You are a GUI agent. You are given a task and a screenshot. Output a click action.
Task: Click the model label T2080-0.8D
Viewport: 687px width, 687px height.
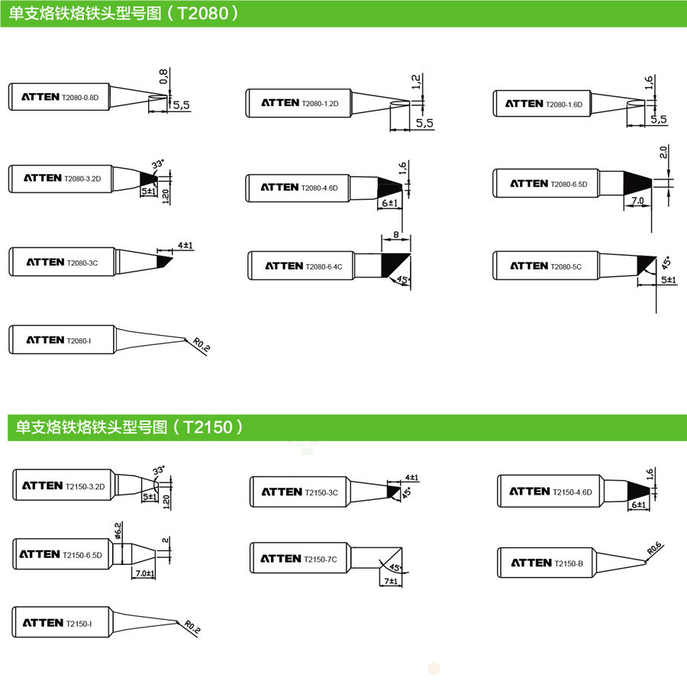coord(81,98)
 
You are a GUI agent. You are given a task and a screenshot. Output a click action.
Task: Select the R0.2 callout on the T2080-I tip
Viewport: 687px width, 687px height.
coord(202,346)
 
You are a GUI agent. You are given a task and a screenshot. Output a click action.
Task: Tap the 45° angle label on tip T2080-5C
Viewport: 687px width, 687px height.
coord(665,263)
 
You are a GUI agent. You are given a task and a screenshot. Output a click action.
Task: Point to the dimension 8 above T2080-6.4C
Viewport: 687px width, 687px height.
coord(395,234)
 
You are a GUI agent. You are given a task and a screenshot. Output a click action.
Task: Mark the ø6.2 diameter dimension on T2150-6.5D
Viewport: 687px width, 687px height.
coord(118,530)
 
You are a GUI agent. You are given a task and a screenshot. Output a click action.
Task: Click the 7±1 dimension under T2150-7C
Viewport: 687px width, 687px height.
coord(391,582)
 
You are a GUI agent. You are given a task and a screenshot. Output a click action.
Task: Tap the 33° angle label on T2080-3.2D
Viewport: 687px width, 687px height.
coord(158,164)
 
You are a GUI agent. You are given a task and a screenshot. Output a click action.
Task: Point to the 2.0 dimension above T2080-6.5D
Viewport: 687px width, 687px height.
coord(663,153)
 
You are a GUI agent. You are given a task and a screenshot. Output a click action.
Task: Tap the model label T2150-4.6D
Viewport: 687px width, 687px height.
coord(572,492)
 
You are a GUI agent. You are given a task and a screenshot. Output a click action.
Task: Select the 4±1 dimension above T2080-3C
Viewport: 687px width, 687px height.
coord(185,246)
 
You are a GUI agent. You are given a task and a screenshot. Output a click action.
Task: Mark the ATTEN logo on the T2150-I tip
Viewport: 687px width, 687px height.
coord(42,623)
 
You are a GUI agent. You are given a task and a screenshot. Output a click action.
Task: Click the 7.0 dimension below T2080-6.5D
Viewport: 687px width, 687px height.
coord(637,201)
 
